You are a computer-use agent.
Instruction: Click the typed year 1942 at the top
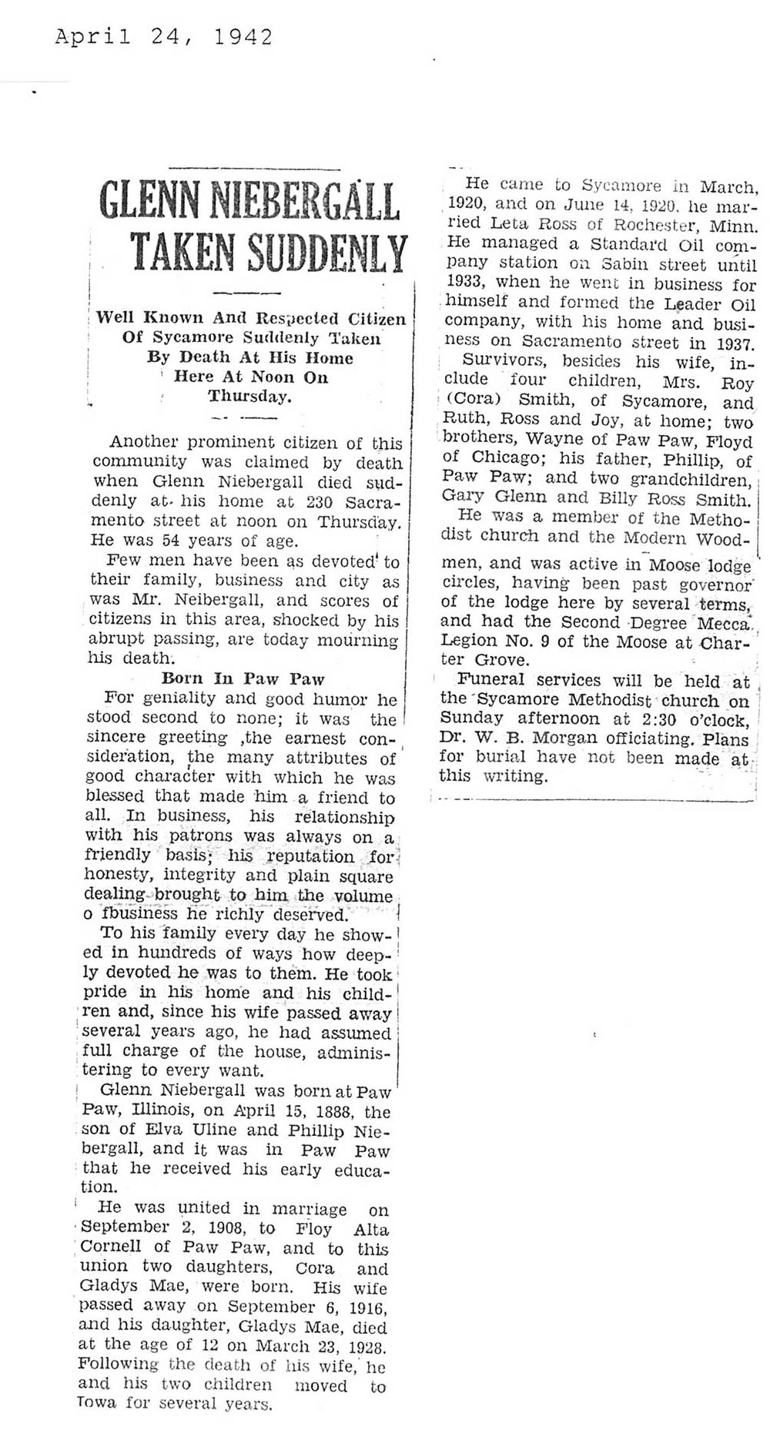244,38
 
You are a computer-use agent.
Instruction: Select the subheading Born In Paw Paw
243,678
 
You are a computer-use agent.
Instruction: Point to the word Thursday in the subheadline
249,397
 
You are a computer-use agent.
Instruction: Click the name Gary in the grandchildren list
459,497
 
